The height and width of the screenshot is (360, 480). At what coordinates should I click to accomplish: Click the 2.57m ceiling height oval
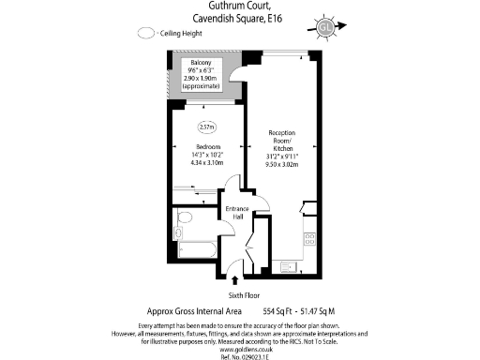tap(207, 127)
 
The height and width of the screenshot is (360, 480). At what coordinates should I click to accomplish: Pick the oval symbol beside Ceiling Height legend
tap(145, 32)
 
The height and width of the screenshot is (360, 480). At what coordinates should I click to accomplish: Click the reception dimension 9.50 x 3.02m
tap(282, 165)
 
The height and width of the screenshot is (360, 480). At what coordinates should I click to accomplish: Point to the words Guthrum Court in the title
tap(238, 7)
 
